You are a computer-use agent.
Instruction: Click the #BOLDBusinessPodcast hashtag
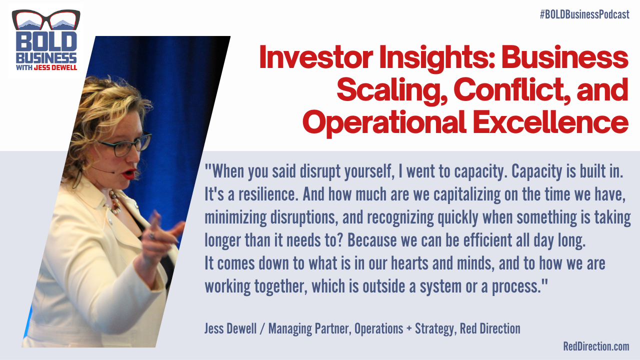point(584,14)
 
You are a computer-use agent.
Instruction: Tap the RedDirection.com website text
point(596,346)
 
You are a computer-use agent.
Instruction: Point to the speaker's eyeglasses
point(125,145)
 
